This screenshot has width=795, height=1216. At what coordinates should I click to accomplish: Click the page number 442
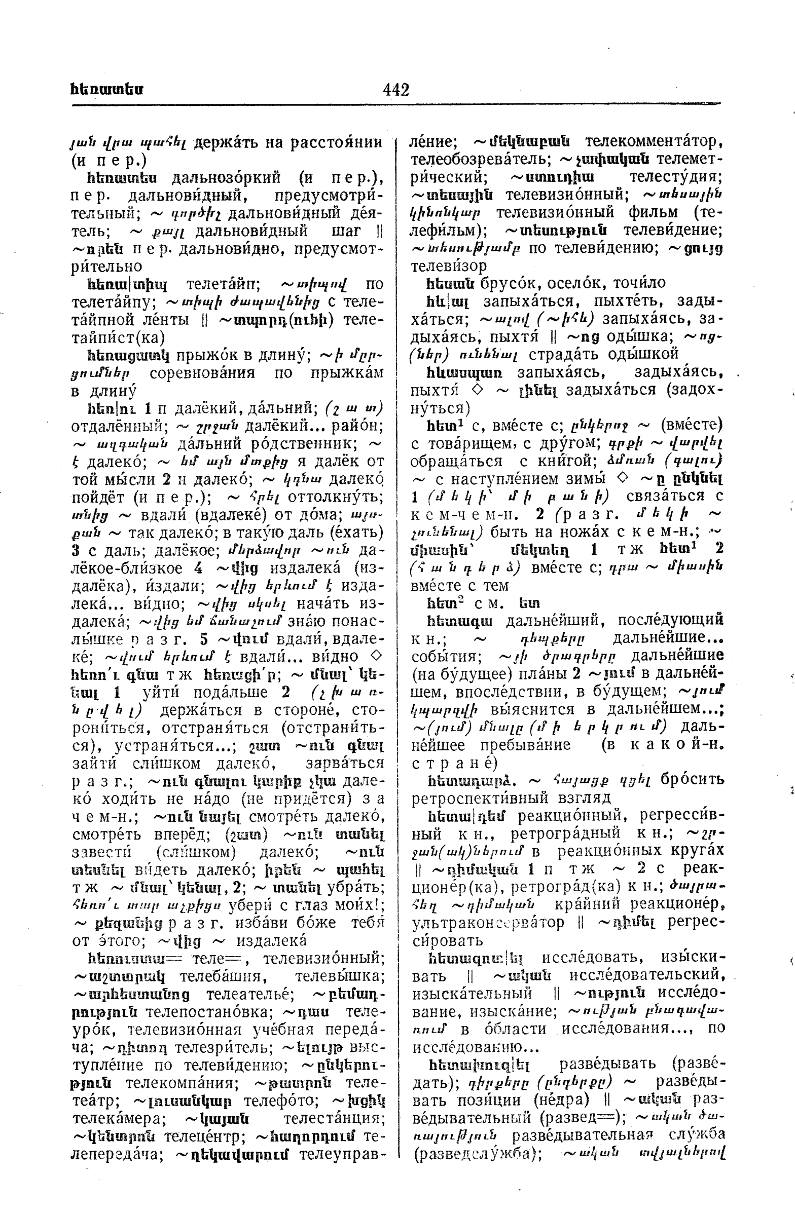click(395, 90)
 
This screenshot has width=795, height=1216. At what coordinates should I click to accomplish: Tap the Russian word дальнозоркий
click(227, 178)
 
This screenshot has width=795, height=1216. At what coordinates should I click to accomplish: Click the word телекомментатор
click(653, 141)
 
